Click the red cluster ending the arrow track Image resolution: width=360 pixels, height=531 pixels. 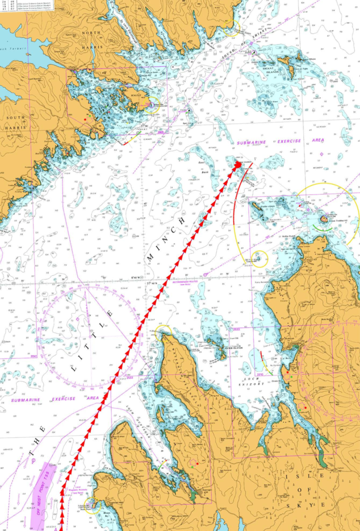238,165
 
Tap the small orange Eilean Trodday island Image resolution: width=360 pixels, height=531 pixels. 324,219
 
